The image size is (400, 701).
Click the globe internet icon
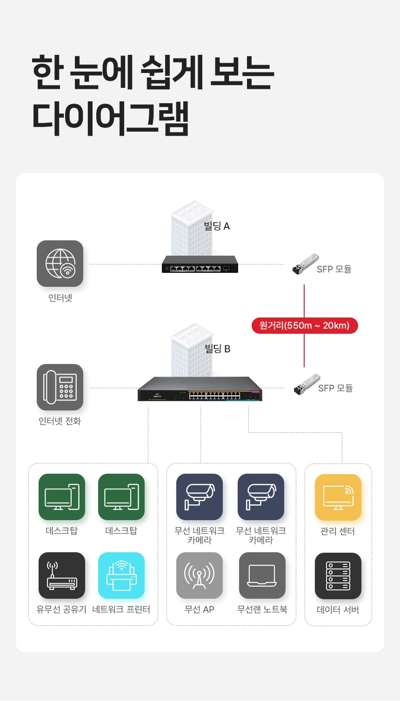coord(60,264)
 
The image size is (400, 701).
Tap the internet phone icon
coord(60,387)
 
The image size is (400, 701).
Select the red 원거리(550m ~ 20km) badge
coord(305,325)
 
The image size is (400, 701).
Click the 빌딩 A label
coord(217,226)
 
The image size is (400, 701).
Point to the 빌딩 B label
coord(217,349)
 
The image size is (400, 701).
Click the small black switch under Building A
coord(200,264)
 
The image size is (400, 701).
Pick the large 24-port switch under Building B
coord(200,389)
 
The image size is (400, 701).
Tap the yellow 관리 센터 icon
coord(338,497)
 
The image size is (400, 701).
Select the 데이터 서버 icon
coord(338,576)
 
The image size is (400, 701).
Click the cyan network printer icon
coord(121,575)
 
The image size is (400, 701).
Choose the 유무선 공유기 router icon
coord(62,575)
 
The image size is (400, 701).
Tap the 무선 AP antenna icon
coord(200,575)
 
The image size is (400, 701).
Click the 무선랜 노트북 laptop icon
coord(262,575)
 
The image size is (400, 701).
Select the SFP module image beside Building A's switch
coord(306,264)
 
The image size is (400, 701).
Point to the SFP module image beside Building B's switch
coord(307,384)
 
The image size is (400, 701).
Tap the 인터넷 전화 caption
coord(60,421)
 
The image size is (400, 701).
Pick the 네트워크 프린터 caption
coord(121,609)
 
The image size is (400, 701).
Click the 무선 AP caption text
coord(200,609)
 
